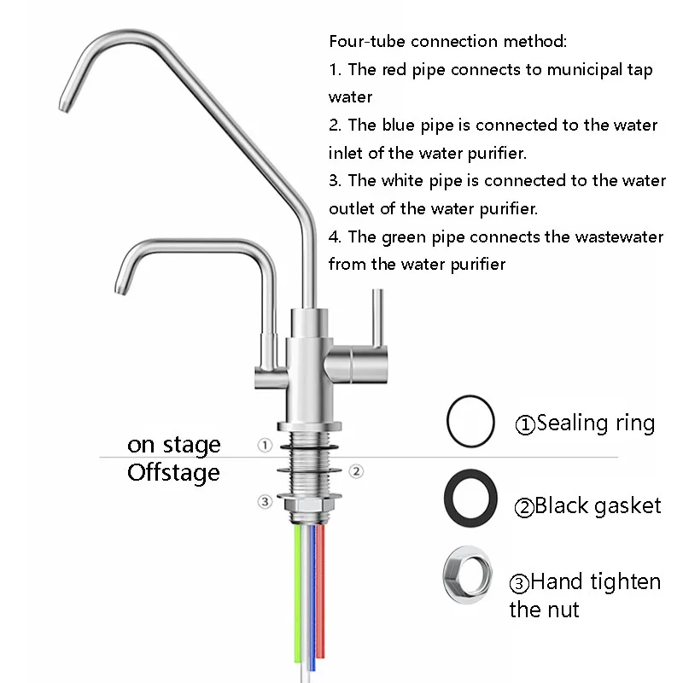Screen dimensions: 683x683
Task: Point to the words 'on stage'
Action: (173, 445)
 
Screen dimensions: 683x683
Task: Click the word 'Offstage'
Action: (173, 473)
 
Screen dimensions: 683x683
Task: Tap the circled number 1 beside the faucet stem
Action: (266, 445)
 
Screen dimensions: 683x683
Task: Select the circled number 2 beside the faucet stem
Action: (357, 470)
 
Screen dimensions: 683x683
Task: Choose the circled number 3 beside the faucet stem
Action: (266, 501)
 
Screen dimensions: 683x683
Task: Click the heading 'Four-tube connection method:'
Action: (447, 41)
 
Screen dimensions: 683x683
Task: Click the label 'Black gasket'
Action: (598, 506)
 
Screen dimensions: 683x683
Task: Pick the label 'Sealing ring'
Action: (596, 423)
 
